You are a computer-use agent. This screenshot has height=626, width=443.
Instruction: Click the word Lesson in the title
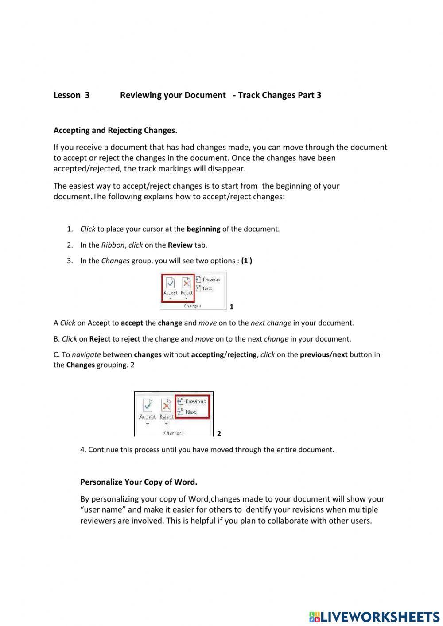click(66, 95)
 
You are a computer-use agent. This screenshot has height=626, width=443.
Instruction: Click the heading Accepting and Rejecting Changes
click(115, 130)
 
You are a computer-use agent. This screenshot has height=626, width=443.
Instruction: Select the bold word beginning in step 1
click(203, 229)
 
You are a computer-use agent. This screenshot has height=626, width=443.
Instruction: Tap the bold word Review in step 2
click(180, 245)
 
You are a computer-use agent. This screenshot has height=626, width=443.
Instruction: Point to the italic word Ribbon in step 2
click(113, 245)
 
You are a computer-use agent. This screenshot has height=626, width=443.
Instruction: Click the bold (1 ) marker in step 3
click(247, 261)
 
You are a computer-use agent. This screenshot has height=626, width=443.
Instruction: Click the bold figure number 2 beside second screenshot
click(219, 434)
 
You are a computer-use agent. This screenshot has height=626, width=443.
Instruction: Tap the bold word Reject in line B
click(100, 339)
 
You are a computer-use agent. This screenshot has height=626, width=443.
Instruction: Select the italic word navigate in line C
click(86, 355)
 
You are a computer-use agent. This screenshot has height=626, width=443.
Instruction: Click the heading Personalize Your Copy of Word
click(139, 482)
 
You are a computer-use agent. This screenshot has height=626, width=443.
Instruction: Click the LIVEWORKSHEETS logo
click(374, 616)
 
